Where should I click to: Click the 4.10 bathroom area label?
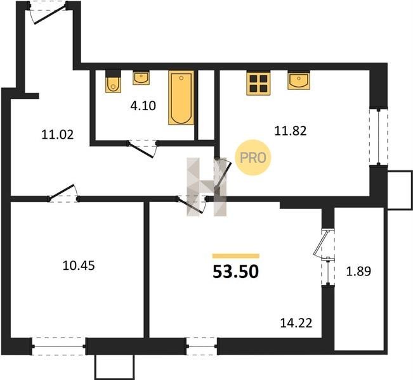143,106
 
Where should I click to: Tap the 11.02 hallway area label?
58,135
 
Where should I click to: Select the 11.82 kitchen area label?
291,130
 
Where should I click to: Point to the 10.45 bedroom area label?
79,265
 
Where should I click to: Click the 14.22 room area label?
296,323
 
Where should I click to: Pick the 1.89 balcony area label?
358,272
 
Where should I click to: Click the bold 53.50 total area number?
235,272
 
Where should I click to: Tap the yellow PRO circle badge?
253,158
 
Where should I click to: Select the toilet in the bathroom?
114,81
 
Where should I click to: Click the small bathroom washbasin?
141,78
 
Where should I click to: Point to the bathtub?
181,98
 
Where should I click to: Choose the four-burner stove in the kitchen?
258,83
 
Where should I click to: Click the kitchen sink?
299,80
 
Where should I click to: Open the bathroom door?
142,149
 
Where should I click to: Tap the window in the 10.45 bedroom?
58,346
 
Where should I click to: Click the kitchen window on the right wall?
379,137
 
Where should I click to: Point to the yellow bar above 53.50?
236,256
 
